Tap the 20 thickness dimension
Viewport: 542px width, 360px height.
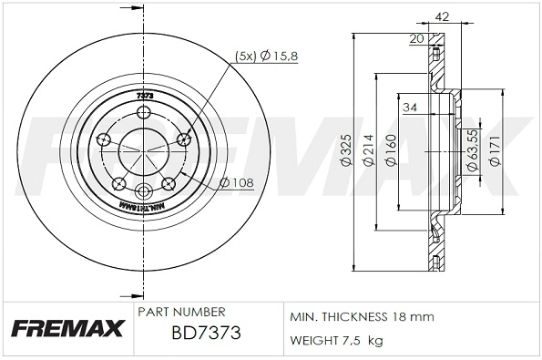tap(416, 38)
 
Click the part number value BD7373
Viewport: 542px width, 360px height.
tap(206, 334)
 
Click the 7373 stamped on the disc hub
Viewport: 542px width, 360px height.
tap(144, 95)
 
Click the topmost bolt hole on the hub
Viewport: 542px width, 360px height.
tap(144, 112)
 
